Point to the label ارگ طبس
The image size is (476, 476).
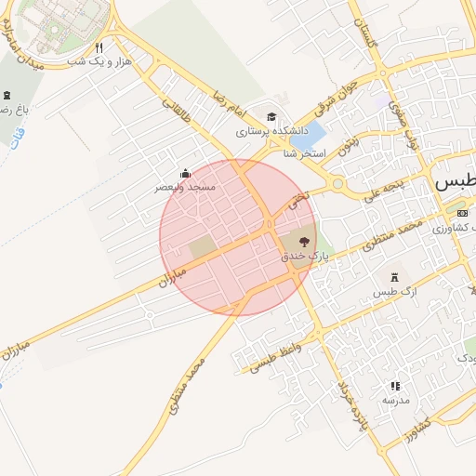[x=391, y=294]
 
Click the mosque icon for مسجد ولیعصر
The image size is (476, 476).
[x=185, y=173]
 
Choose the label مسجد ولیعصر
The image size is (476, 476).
[x=185, y=188]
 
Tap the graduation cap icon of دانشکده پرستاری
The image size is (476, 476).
[x=271, y=117]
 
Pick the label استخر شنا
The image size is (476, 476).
[x=306, y=152]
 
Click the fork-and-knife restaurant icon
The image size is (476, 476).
[x=99, y=47]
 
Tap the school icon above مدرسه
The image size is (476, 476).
[x=395, y=385]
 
